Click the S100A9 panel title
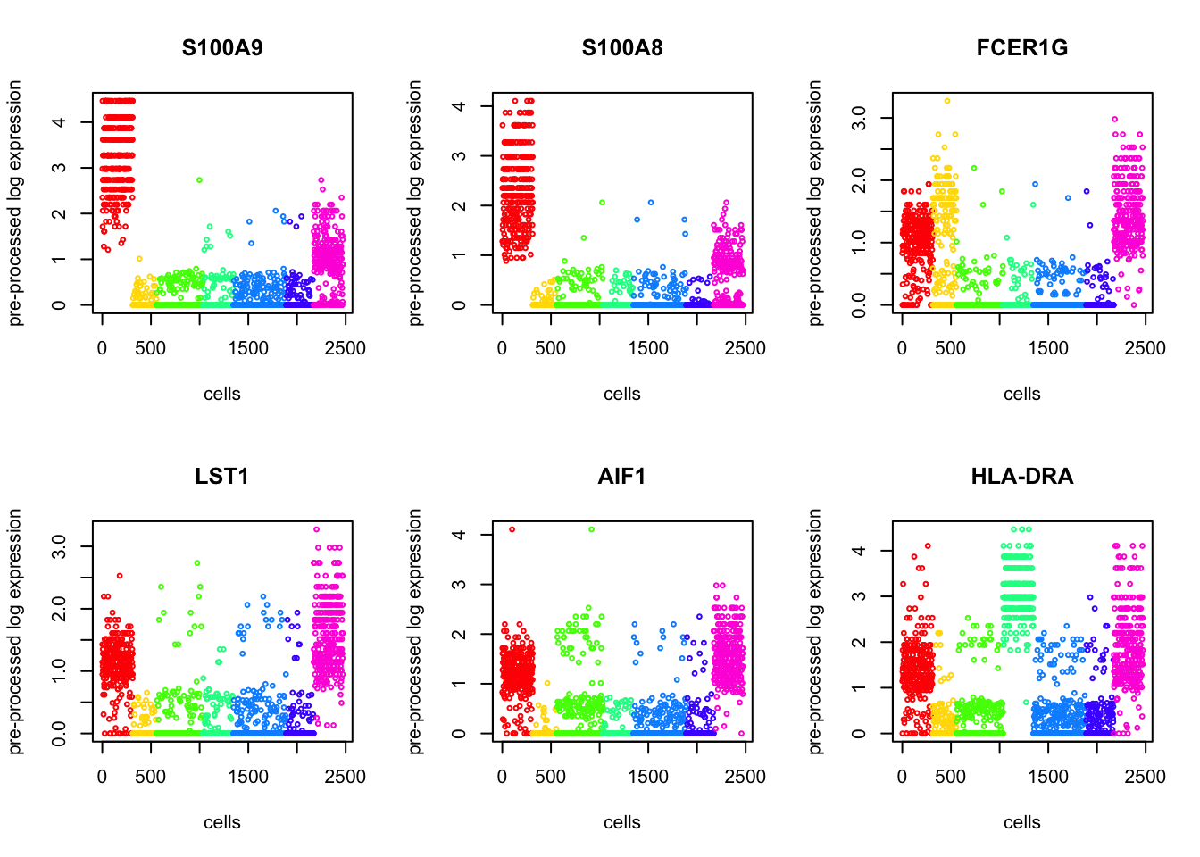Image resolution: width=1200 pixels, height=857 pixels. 222,48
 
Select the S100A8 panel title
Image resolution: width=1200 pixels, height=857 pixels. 622,48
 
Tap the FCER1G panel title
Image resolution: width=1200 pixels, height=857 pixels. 1022,48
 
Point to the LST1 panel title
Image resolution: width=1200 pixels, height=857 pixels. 222,477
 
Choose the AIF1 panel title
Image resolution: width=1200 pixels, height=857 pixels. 622,477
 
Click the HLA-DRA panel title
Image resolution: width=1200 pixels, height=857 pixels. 1022,477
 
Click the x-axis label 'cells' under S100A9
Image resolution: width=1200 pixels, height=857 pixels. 222,394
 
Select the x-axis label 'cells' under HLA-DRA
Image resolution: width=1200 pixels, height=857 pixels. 1022,822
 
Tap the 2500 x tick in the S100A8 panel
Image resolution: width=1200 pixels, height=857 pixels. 745,348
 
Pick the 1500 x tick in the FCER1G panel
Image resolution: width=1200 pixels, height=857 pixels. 1047,348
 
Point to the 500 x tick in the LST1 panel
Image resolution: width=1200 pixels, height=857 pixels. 150,777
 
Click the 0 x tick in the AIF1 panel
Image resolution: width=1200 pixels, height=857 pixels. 502,777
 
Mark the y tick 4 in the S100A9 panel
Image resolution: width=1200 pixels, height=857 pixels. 59,121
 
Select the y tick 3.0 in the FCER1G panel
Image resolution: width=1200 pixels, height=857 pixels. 859,118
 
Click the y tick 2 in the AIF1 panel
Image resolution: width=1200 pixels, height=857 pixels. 459,634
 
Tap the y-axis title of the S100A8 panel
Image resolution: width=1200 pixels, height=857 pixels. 415,203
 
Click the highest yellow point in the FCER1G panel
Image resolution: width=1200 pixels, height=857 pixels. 947,101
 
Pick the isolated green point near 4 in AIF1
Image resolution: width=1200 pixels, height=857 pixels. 591,529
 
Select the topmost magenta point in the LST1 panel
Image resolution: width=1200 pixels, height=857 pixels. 316,529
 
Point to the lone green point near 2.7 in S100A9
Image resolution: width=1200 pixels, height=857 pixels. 200,180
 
